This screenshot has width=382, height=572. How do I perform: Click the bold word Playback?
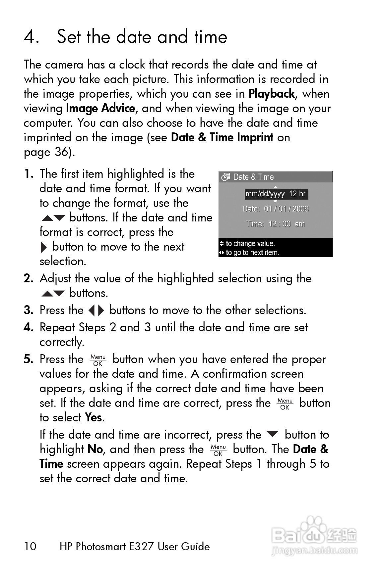tap(272, 94)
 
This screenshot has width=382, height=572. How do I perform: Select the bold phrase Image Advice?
tap(100, 109)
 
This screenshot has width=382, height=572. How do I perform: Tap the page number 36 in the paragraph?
tap(61, 152)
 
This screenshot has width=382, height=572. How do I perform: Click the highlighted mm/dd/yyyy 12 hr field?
tap(276, 194)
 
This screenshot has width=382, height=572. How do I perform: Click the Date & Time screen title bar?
tap(276, 177)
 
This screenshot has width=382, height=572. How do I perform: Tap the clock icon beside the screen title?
tap(226, 177)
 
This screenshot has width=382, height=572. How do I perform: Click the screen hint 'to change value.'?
tap(250, 244)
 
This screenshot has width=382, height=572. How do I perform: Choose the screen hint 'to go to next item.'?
tap(252, 253)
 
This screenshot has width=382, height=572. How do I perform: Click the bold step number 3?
tap(28, 310)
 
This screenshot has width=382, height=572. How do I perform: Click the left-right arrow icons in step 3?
tap(96, 310)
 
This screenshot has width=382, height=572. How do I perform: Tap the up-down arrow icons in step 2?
tap(53, 293)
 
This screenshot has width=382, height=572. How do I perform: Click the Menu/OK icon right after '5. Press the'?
tap(98, 360)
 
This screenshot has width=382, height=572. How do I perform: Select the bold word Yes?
tap(93, 418)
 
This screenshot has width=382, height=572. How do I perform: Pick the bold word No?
tap(95, 450)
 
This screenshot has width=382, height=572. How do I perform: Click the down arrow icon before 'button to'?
tap(273, 434)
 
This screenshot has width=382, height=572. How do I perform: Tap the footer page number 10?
tap(30, 546)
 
